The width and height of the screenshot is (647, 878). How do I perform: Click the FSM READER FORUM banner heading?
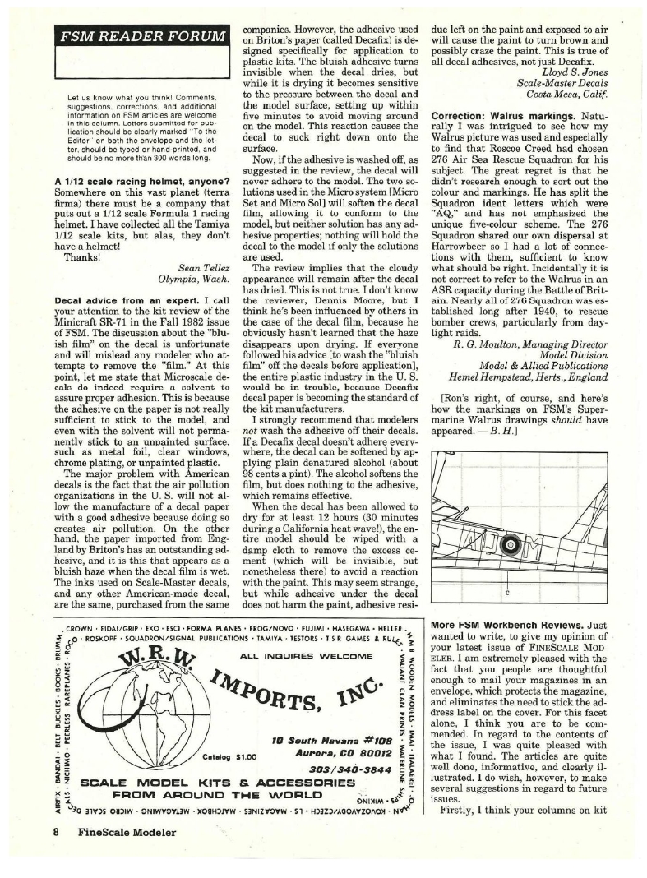[x=138, y=37]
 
